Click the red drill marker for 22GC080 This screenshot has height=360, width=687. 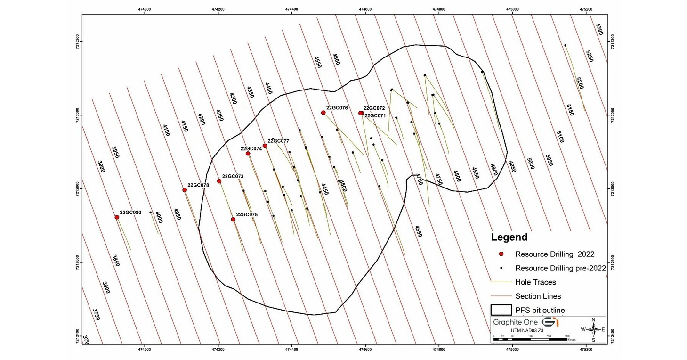[117, 217]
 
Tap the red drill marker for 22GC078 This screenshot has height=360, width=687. [185, 190]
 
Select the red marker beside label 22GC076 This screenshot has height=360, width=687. [323, 113]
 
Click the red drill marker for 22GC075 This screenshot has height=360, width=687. [234, 220]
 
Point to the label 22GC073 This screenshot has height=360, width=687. [233, 177]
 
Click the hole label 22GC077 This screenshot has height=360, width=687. [278, 141]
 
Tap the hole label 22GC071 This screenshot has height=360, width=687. [375, 115]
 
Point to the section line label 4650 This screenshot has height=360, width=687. [418, 231]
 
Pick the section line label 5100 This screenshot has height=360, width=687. [560, 137]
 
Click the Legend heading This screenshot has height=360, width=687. [509, 237]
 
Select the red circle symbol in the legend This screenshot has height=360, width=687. [502, 254]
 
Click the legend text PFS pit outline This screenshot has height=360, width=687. [540, 310]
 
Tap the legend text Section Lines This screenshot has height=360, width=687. [538, 296]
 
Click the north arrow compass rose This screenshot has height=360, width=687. [593, 329]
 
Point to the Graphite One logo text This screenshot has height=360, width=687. [515, 322]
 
